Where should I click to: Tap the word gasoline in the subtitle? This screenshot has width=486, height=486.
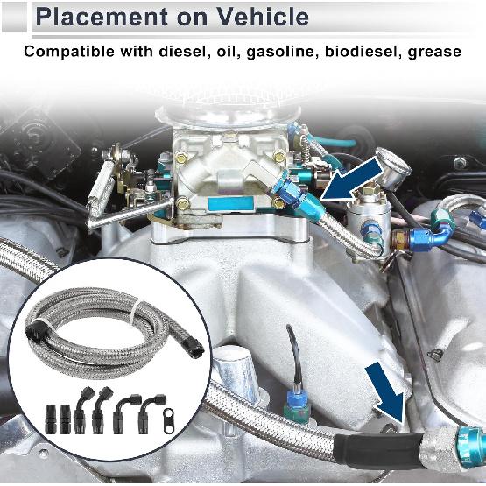(x=285, y=52)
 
